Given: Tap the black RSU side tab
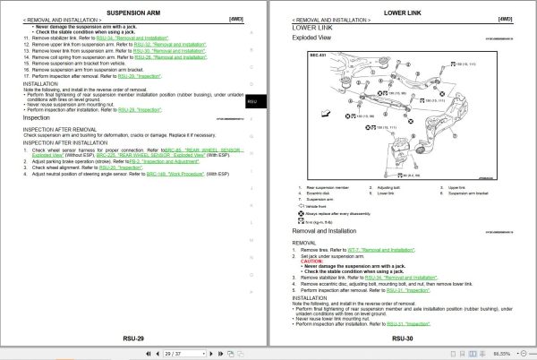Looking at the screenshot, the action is (253, 102).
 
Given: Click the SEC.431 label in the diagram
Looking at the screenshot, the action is (304, 56).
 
